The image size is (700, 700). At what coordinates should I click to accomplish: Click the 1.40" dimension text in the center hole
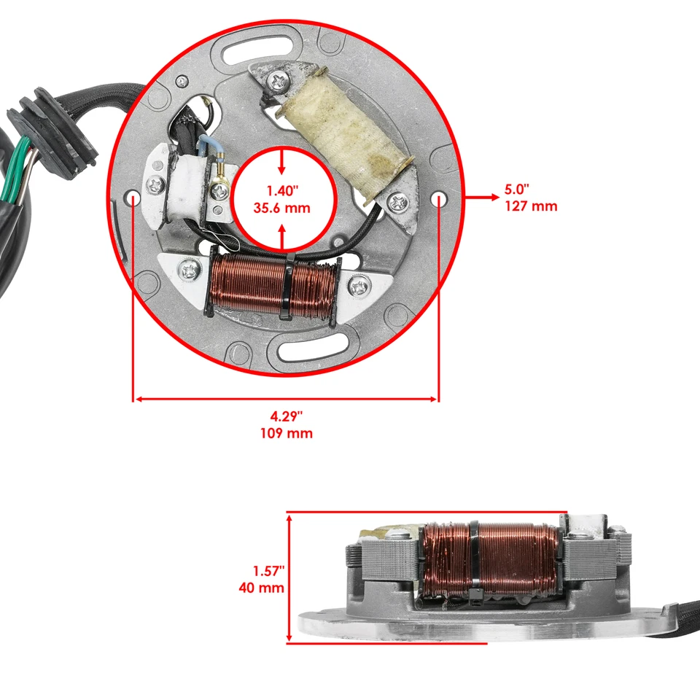pyautogui.click(x=283, y=191)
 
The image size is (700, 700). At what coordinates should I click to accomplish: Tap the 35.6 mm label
pyautogui.click(x=283, y=208)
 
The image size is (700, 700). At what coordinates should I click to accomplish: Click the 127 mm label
pyautogui.click(x=530, y=206)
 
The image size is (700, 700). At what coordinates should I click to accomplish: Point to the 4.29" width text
pyautogui.click(x=286, y=416)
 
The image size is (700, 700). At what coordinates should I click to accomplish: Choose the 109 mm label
pyautogui.click(x=286, y=433)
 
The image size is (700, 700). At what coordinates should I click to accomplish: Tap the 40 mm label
pyautogui.click(x=261, y=587)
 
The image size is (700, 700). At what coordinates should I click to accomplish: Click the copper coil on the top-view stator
pyautogui.click(x=271, y=284)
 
